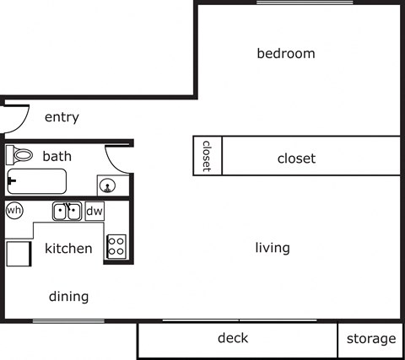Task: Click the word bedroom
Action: click(285, 54)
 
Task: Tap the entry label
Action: click(62, 117)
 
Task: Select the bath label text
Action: click(57, 156)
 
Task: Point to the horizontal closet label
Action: click(296, 159)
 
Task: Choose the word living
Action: click(273, 248)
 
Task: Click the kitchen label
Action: click(68, 249)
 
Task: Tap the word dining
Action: click(68, 297)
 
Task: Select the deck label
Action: click(233, 339)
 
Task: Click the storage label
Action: click(371, 339)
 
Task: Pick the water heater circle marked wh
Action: click(14, 210)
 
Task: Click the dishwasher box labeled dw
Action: click(94, 211)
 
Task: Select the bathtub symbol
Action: click(36, 181)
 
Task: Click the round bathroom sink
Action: click(107, 185)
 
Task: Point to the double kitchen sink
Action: click(67, 211)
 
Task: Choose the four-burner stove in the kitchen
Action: click(116, 246)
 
